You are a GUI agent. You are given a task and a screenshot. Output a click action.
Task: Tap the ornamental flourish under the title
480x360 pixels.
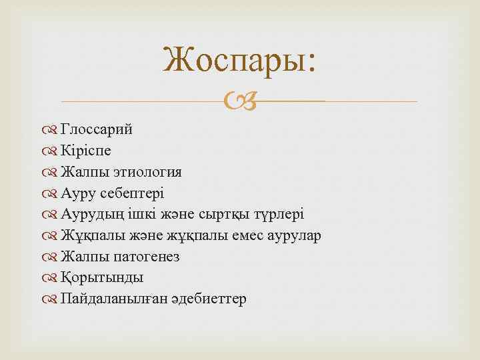click(x=239, y=101)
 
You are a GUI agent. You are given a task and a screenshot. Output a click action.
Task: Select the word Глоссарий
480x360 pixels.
click(x=96, y=129)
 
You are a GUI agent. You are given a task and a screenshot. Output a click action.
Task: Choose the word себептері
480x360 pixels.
click(x=131, y=193)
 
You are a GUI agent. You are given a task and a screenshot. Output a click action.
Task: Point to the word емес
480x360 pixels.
click(x=237, y=236)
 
